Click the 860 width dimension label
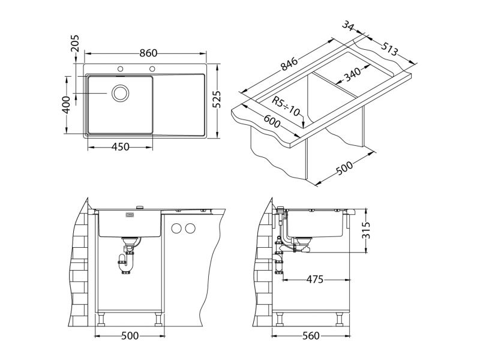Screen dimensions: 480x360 click(148, 53)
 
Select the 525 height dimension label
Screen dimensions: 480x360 click(217, 99)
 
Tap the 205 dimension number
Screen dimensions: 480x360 click(74, 43)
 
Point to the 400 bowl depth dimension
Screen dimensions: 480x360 click(66, 104)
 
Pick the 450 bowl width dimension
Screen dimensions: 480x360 click(121, 147)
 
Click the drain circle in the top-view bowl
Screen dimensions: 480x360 click(121, 93)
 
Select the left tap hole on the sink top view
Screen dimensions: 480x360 click(121, 68)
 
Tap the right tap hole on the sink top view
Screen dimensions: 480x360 click(152, 68)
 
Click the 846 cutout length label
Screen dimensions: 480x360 click(289, 64)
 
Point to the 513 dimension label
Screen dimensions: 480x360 click(389, 49)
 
